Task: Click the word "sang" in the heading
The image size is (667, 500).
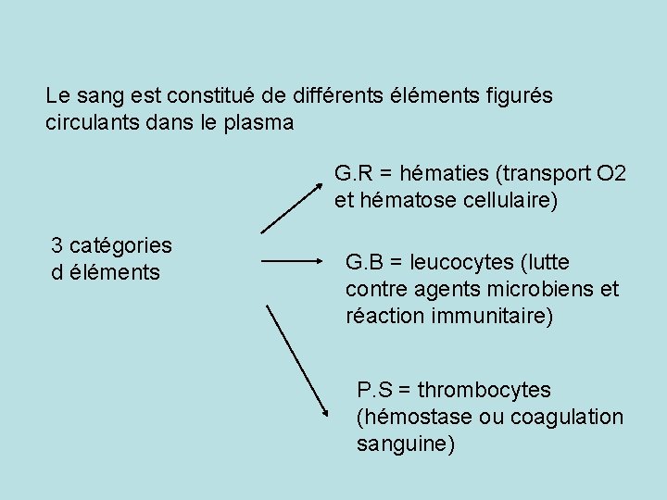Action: (95, 95)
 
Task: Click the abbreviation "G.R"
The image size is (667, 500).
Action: (353, 173)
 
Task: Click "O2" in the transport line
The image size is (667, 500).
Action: (611, 173)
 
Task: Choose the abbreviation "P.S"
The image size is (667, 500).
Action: (374, 391)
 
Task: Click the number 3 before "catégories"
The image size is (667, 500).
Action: (57, 245)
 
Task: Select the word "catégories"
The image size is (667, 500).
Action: (120, 245)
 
